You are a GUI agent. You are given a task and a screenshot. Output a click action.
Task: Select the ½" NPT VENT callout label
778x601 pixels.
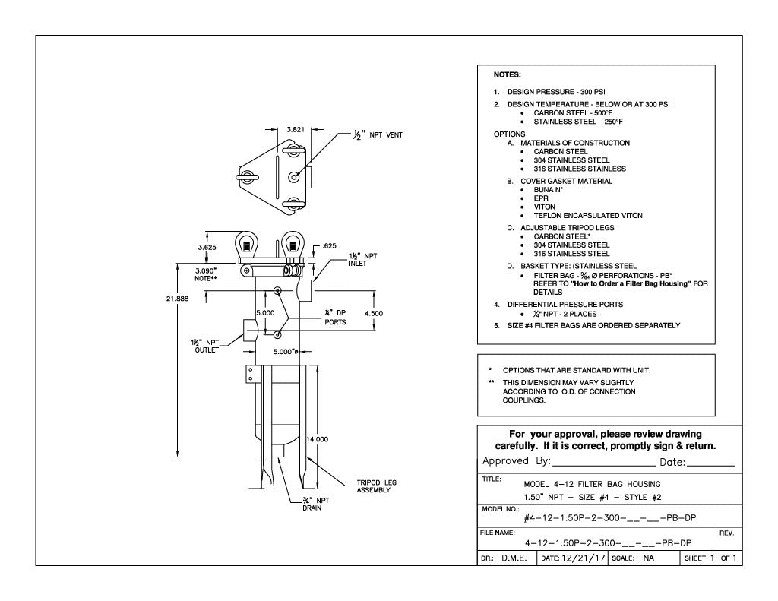coord(377,135)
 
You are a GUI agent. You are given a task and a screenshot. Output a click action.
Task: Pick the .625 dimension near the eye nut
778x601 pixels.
coord(329,245)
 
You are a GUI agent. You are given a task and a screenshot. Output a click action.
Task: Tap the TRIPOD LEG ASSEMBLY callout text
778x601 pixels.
coord(376,486)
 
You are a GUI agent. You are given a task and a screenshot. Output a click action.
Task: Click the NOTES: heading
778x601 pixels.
coord(507,75)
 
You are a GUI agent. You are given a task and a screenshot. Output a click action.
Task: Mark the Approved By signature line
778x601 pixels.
coord(605,462)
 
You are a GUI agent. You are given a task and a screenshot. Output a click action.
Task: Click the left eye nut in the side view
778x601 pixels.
coord(247,245)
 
